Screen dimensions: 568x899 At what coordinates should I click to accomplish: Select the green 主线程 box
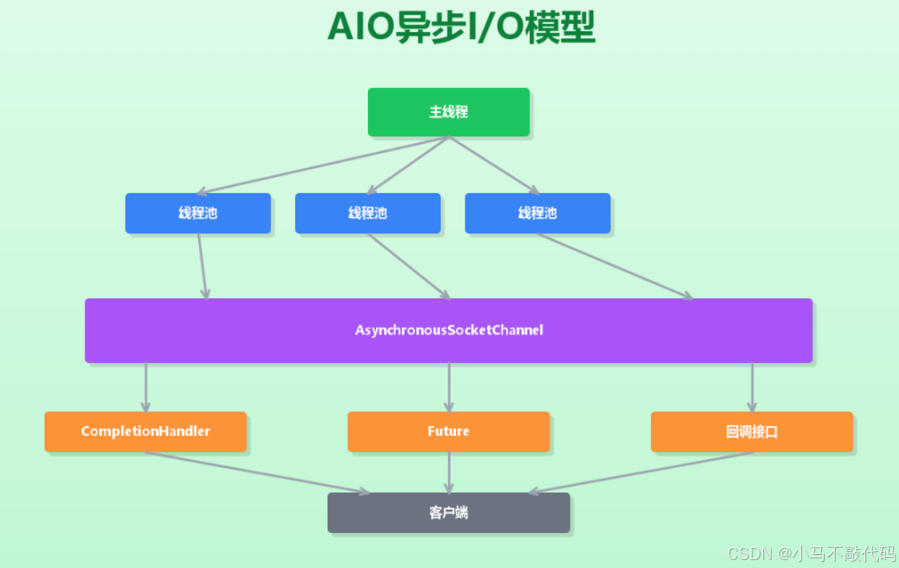click(x=448, y=112)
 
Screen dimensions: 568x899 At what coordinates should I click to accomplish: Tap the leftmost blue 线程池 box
click(x=197, y=213)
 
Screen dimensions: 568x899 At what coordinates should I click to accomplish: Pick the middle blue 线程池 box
click(x=367, y=213)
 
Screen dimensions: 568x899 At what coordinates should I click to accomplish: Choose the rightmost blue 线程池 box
click(x=537, y=213)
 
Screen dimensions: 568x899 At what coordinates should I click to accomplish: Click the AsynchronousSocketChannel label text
click(x=449, y=330)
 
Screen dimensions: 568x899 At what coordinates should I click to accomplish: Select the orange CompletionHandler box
click(x=145, y=432)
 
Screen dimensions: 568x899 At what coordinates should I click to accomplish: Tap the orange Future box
click(x=448, y=432)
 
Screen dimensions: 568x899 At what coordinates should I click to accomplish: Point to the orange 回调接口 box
click(x=751, y=432)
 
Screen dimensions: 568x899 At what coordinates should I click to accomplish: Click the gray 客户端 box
click(x=448, y=513)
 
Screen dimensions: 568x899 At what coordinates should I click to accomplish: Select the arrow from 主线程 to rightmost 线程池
click(x=493, y=166)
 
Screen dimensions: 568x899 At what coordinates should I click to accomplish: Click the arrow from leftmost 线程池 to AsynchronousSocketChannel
click(x=202, y=266)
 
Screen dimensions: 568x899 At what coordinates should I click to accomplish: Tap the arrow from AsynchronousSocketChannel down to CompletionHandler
click(x=146, y=387)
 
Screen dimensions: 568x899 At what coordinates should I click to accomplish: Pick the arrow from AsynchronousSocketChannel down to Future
click(x=449, y=387)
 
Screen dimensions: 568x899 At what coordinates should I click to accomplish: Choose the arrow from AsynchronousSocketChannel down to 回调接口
click(x=752, y=387)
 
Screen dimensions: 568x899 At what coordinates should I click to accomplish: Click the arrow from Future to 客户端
click(x=449, y=472)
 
